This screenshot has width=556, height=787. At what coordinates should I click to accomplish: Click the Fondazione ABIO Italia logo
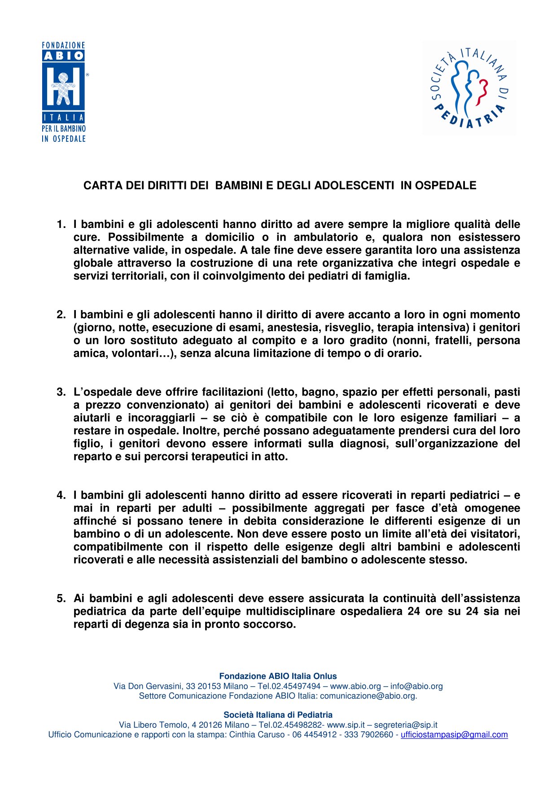coord(64,92)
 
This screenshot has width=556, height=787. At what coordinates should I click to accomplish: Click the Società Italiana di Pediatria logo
coord(469,88)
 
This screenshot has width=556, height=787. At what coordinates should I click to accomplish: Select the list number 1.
coord(61,224)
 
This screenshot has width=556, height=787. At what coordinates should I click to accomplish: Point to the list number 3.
coord(61,392)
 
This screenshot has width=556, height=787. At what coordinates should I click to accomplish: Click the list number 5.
coord(61,599)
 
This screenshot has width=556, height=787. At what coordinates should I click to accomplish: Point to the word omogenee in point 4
coord(492,508)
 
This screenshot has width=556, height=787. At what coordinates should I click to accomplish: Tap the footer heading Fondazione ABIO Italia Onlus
coord(278,676)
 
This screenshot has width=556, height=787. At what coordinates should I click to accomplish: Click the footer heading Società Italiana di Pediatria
coord(278,715)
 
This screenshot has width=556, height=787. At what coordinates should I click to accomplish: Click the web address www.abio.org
coord(355,686)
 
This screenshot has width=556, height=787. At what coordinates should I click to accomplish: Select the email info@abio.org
coord(416,686)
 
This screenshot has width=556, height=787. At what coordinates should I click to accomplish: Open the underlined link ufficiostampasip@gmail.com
coord(454,735)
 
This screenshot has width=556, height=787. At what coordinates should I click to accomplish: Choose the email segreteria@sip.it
coord(406,725)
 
